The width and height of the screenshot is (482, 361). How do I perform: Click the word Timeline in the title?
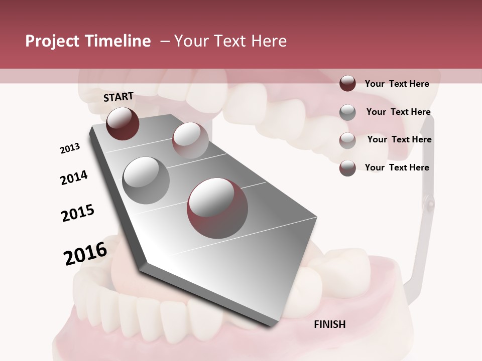(x=118, y=41)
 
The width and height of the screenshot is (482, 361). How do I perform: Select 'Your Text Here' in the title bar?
(x=230, y=41)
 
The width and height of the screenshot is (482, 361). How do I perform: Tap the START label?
(x=118, y=97)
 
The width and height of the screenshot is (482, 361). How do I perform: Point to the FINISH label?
(x=329, y=324)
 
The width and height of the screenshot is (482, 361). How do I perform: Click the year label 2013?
(x=70, y=148)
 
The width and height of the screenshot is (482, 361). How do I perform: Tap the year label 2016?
(x=85, y=253)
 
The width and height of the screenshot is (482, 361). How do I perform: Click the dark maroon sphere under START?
(x=123, y=123)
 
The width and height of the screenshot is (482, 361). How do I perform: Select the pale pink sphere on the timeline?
(x=190, y=140)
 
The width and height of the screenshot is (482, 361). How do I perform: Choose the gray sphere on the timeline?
(x=146, y=180)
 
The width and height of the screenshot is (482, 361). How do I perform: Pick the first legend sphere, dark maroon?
(x=347, y=83)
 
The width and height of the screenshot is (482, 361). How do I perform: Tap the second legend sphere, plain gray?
(x=347, y=112)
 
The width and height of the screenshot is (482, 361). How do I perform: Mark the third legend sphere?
(x=347, y=140)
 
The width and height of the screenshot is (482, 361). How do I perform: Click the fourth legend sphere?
(x=347, y=168)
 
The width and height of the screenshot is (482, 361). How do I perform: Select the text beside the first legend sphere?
(x=397, y=84)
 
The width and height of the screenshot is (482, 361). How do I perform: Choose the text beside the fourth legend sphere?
(x=397, y=167)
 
